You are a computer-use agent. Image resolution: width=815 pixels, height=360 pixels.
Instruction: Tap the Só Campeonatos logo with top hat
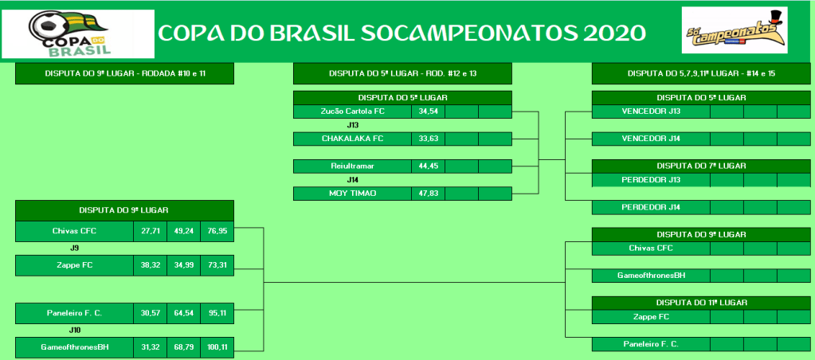[735, 30]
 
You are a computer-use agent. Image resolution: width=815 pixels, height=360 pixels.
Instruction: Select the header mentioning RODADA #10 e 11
[125, 74]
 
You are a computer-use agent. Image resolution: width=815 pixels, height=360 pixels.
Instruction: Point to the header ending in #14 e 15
[701, 74]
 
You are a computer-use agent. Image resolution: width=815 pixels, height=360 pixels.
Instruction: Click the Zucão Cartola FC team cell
[352, 112]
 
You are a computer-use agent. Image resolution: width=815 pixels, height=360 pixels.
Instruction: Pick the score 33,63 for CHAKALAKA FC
[428, 139]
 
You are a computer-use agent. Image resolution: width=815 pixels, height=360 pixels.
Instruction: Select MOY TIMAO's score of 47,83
[428, 194]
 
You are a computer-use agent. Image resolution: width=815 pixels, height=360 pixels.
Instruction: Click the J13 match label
[353, 125]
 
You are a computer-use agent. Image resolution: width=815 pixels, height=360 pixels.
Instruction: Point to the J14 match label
[353, 180]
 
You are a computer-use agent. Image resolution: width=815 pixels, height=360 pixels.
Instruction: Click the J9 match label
[74, 248]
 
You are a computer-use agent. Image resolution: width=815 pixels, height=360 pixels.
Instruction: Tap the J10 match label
[75, 330]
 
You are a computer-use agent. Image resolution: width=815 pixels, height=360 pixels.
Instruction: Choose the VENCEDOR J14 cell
[651, 139]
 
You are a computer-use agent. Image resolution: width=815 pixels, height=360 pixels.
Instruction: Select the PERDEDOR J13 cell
[651, 180]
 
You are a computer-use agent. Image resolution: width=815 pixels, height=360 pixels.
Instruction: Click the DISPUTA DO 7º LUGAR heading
[701, 166]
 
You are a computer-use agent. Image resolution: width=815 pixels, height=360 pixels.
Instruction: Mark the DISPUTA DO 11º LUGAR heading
[701, 303]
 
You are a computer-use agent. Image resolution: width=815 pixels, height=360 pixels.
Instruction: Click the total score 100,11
[217, 347]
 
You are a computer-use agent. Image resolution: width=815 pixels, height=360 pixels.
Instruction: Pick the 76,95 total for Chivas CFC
[217, 231]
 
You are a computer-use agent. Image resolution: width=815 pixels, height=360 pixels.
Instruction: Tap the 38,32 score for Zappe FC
[151, 265]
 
